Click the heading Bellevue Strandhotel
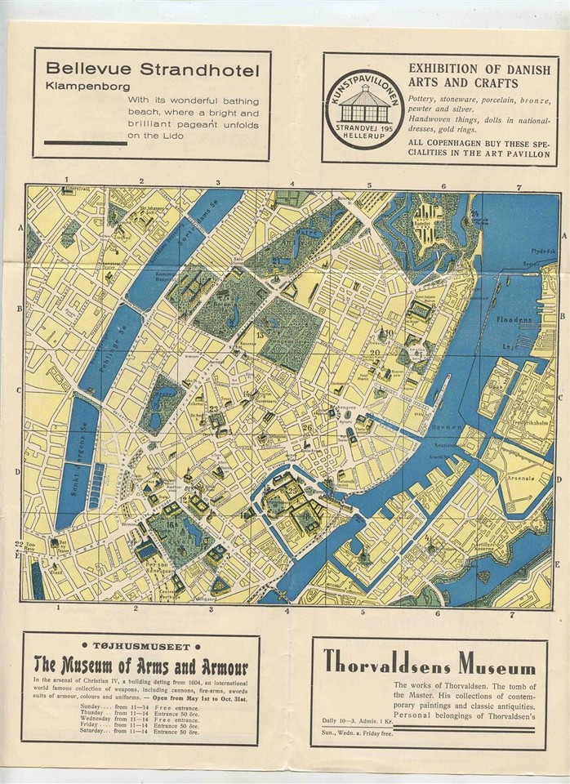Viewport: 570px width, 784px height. [153, 69]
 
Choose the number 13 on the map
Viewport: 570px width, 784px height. [261, 335]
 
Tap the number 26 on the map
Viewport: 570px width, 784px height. [307, 426]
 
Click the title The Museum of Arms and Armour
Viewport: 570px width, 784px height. [140, 663]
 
